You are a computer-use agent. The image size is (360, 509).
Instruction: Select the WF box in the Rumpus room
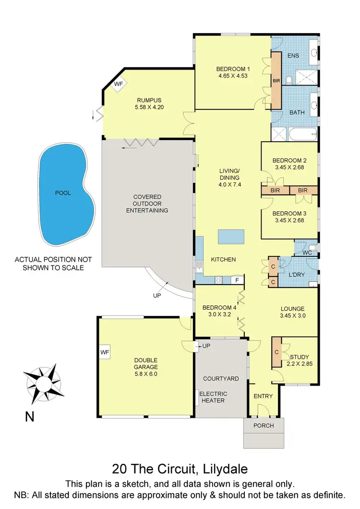pos(119,85)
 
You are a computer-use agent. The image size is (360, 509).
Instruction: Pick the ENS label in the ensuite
pos(293,56)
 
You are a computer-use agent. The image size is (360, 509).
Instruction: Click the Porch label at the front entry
pos(264,425)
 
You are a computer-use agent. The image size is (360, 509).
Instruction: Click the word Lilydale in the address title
pos(228,468)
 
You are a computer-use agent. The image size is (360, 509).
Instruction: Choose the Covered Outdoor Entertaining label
pos(147,204)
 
